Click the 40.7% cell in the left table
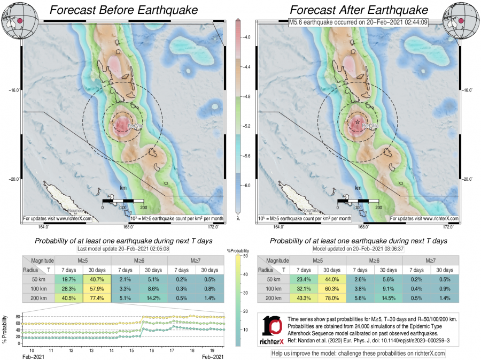click(x=97, y=279)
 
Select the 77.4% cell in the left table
click(x=97, y=298)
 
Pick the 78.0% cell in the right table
click(x=332, y=298)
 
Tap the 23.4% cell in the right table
click(x=304, y=279)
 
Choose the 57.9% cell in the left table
click(x=97, y=289)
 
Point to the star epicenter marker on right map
click(x=357, y=122)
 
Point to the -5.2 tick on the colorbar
click(x=247, y=126)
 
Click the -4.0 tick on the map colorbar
click(x=247, y=37)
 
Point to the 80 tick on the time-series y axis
click(x=19, y=317)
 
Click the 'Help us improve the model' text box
click(x=358, y=354)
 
